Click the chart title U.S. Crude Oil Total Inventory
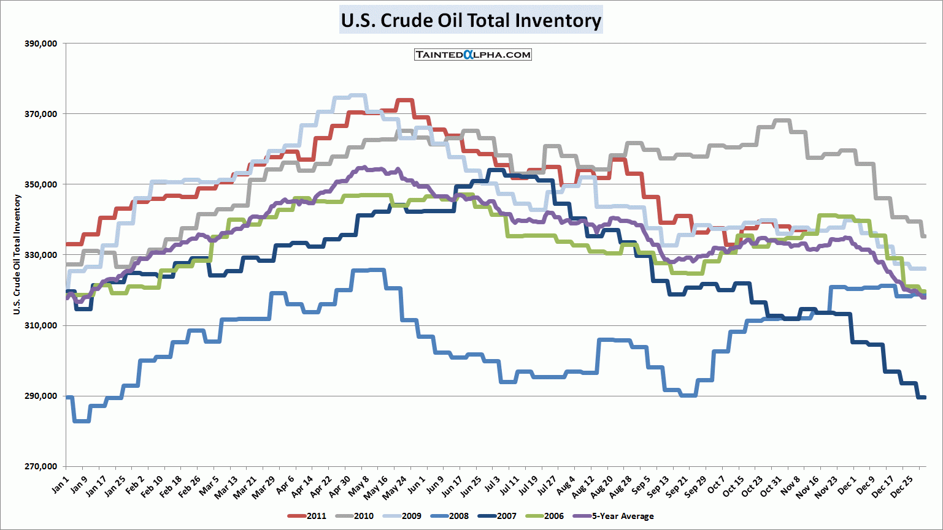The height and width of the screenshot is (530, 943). coord(471,20)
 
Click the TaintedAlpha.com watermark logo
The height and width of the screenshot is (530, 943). coord(472,55)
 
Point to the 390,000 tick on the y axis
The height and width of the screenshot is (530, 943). coord(40,44)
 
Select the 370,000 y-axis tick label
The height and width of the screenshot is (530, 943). coord(40,114)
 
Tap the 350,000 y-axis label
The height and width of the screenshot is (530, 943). coord(40,184)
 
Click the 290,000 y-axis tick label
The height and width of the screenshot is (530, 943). coord(40,396)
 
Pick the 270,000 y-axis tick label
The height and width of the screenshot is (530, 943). coord(40,466)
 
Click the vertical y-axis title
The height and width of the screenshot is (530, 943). coord(17,254)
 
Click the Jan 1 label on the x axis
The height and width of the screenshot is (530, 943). coord(60,485)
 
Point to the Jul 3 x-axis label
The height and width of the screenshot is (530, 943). coord(491,485)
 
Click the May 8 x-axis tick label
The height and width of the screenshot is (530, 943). coord(358,486)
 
